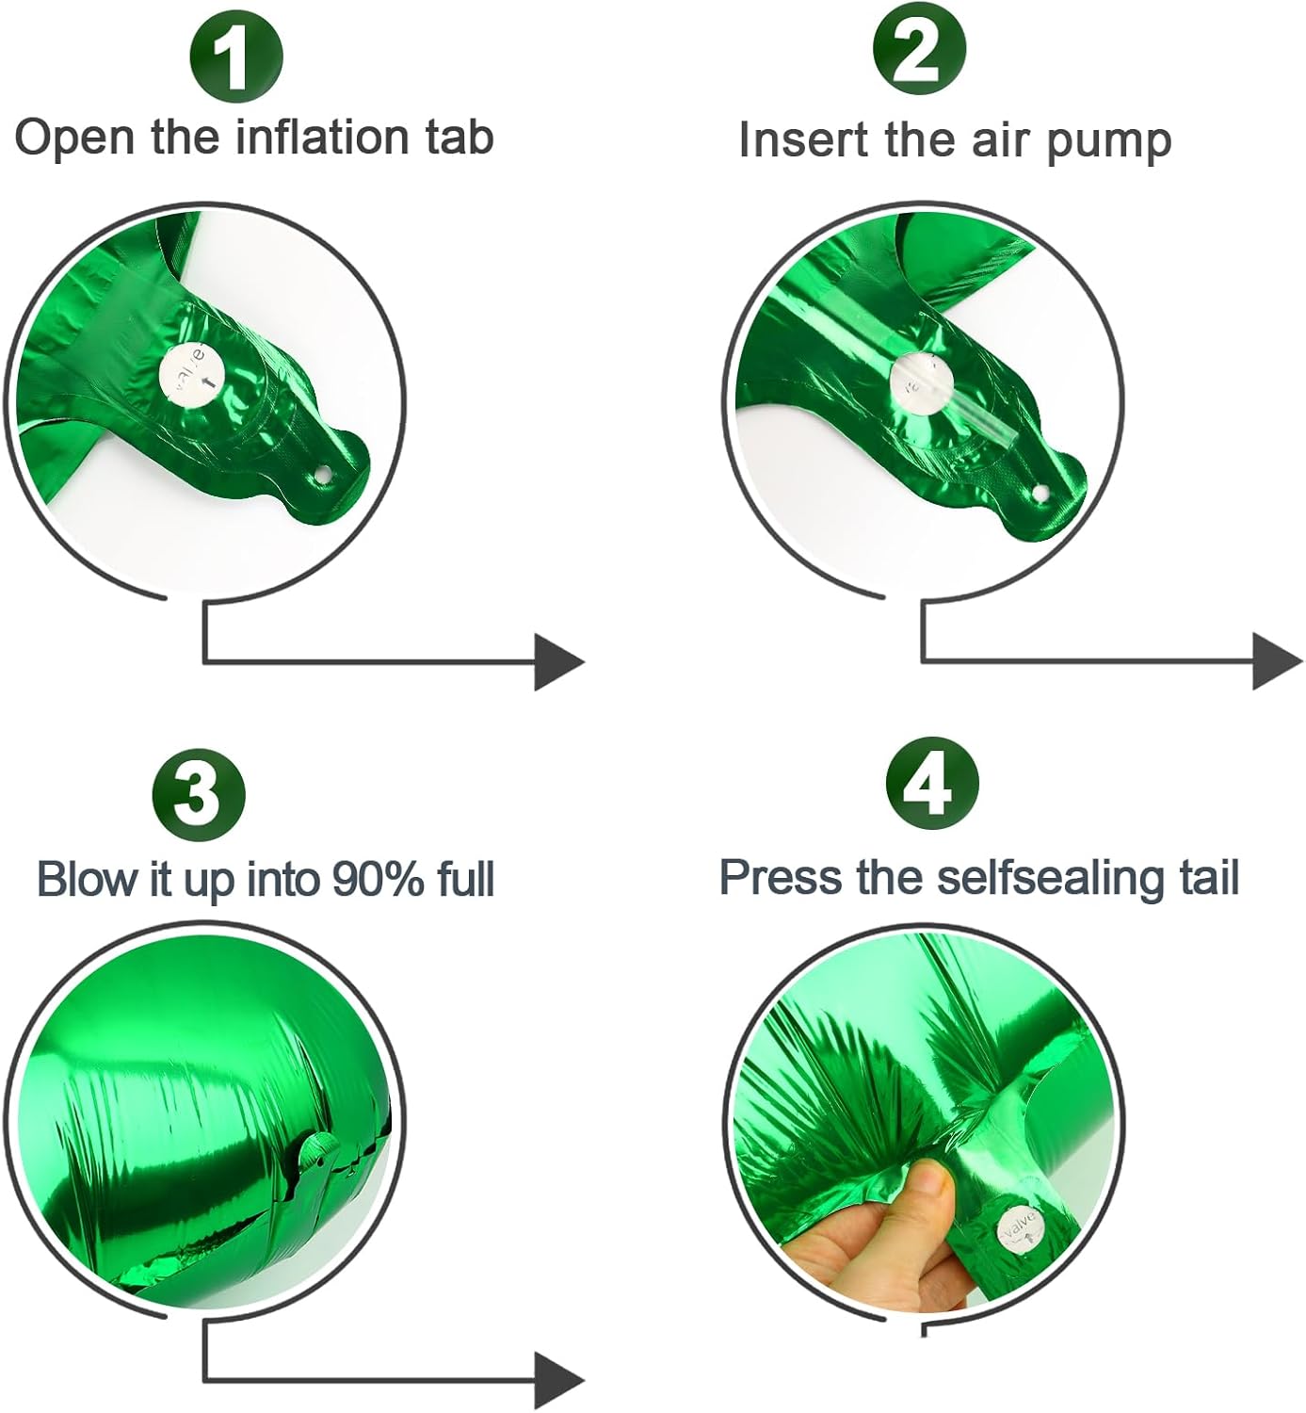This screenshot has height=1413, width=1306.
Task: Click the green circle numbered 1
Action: [236, 55]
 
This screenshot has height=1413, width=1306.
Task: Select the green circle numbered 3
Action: [198, 793]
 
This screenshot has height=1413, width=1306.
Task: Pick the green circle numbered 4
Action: [932, 784]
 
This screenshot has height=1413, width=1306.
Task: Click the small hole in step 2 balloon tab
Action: [1040, 494]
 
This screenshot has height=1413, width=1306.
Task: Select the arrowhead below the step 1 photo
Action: [558, 661]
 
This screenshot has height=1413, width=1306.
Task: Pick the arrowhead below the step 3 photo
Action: [558, 1380]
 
